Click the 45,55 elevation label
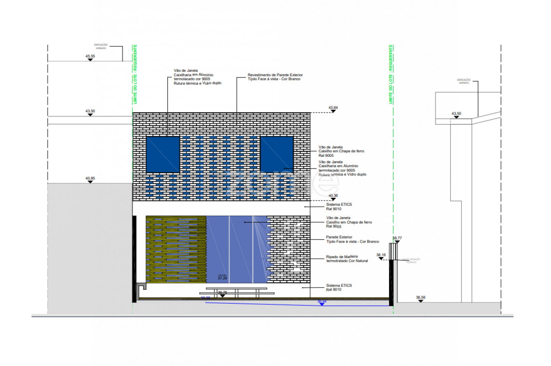tap(90, 56)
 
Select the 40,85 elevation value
tap(90, 178)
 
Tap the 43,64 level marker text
tap(333, 108)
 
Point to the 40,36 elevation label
tap(333, 195)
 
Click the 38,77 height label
tap(397, 238)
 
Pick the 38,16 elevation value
tap(381, 255)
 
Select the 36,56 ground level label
tap(420, 297)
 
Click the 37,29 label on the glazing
tap(222, 278)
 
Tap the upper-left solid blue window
tap(163, 154)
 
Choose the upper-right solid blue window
tap(277, 154)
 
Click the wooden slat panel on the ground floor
tap(176, 249)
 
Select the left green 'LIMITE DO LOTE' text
tap(135, 74)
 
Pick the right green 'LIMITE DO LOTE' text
tap(391, 74)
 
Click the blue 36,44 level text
tap(322, 301)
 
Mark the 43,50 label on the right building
tap(456, 113)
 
